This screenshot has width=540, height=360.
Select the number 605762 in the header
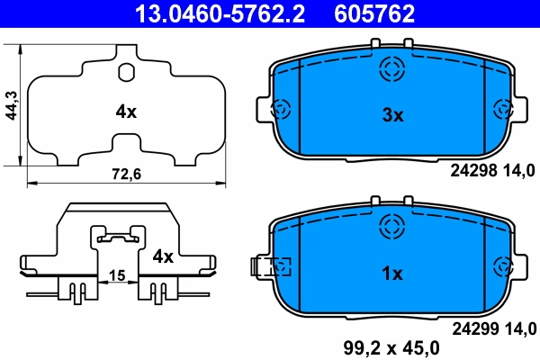pos(374,13)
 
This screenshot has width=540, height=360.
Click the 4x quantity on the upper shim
pos(125,112)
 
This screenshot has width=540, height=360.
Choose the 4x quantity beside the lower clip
pos(162,256)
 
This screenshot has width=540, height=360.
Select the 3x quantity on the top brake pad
pos(392,114)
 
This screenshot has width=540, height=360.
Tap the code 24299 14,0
pos(493,327)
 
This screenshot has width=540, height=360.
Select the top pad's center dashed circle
pos(393,68)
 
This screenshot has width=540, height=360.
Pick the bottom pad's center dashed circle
pos(393,225)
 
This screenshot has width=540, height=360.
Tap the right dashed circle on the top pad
pos(504,110)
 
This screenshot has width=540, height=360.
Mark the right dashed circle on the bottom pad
pos(504,266)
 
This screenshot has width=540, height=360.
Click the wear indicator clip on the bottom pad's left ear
pos(271,266)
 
